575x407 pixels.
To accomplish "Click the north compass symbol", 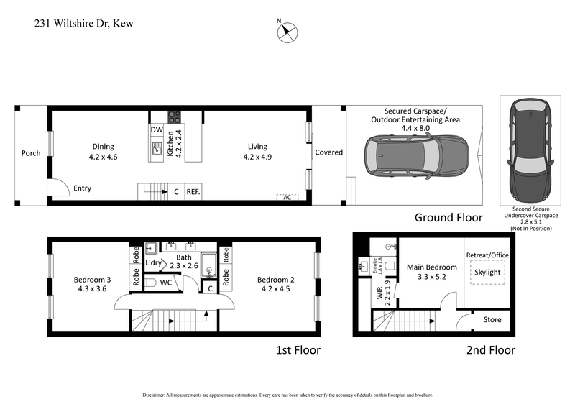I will (x=288, y=30).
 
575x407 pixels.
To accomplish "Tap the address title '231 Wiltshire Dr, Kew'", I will (x=83, y=24).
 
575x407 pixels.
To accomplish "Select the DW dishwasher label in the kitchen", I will (x=157, y=129).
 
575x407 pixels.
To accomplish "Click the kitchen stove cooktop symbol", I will (x=174, y=116).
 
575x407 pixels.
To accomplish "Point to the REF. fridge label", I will (x=193, y=192).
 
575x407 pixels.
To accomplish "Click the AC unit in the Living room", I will (x=287, y=196).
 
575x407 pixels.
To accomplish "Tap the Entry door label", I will (x=83, y=188).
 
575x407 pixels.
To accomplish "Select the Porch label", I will (x=31, y=153).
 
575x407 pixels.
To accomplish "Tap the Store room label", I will (x=492, y=319).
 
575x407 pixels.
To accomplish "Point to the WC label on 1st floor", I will (x=166, y=283).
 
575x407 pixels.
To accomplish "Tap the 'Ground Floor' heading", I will (x=449, y=217).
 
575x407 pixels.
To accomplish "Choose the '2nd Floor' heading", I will (x=490, y=350).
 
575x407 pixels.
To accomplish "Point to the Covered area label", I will (x=328, y=152).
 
